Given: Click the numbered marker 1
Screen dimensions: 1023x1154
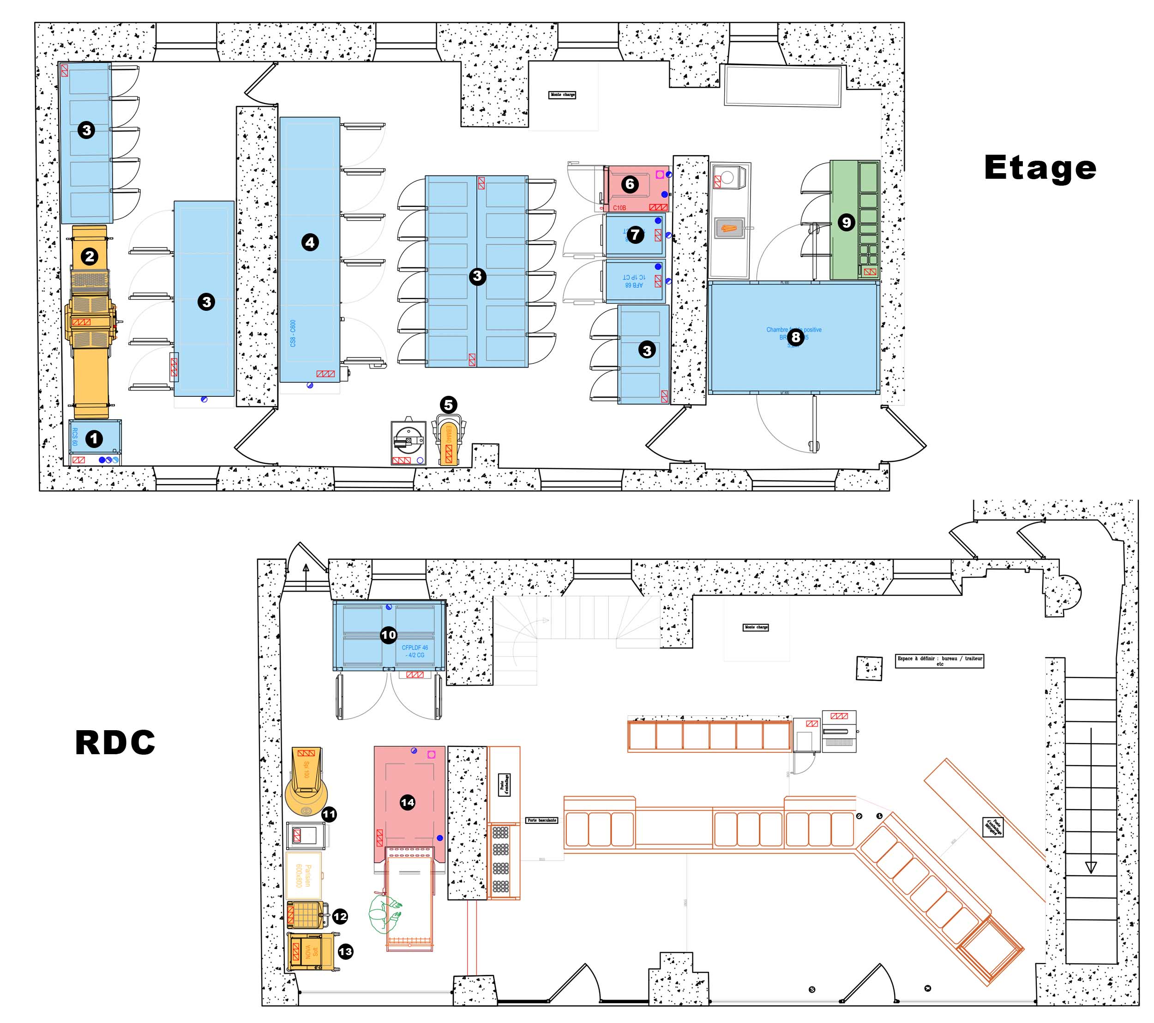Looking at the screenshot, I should click(x=94, y=438).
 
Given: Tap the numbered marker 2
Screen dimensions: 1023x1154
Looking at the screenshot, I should click(x=89, y=256).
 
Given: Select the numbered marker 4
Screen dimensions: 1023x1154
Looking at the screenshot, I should click(x=309, y=242).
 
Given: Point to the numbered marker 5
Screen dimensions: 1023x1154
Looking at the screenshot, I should click(x=448, y=405).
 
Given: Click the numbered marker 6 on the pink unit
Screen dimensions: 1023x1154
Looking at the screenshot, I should click(x=630, y=184).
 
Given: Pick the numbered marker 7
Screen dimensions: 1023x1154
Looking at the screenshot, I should click(x=635, y=235).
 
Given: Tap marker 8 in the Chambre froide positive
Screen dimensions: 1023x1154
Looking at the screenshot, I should click(x=795, y=337).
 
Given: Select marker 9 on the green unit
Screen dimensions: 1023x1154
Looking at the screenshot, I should click(x=845, y=223).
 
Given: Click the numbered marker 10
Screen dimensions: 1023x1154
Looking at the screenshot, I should click(x=388, y=635).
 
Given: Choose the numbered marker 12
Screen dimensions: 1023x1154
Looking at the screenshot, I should click(x=340, y=916).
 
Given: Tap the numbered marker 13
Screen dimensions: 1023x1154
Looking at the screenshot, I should click(x=345, y=952).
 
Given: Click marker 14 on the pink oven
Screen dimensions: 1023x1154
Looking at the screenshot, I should click(x=407, y=802).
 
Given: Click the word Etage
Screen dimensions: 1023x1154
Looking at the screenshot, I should click(x=1040, y=168).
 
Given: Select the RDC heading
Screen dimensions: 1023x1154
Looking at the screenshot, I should click(x=115, y=742).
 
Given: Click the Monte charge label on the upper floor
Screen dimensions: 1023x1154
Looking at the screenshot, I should click(x=562, y=95).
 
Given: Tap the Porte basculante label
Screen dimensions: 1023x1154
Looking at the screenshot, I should click(x=541, y=820).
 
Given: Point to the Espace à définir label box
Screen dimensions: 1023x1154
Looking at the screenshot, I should click(x=939, y=661).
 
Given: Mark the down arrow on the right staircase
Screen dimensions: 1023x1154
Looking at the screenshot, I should click(x=1091, y=867).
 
